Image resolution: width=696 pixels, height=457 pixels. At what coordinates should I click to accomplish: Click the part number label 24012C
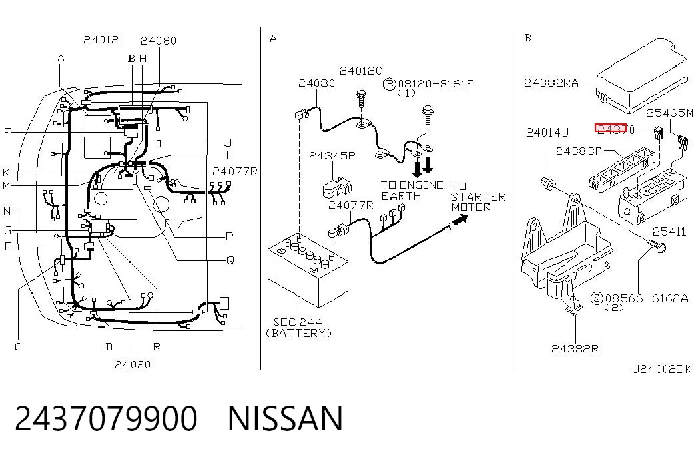(x=360, y=71)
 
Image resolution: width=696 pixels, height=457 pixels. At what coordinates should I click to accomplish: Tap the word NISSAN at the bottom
(x=285, y=418)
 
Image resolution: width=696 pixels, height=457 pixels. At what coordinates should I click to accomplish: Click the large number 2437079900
(x=106, y=418)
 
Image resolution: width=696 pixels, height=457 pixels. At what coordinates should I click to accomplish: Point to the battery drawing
(x=308, y=270)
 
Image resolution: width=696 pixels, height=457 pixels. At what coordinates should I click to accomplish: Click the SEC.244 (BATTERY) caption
(x=298, y=328)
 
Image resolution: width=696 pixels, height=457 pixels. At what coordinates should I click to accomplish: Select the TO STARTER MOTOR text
(x=478, y=197)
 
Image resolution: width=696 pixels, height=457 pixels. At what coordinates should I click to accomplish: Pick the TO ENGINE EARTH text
(x=412, y=191)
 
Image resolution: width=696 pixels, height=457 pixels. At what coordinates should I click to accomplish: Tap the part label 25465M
(x=669, y=113)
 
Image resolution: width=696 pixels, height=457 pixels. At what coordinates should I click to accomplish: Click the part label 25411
(x=669, y=231)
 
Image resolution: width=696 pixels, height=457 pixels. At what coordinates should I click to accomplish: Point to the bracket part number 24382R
(x=575, y=348)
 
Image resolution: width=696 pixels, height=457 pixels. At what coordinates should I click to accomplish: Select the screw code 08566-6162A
(x=647, y=298)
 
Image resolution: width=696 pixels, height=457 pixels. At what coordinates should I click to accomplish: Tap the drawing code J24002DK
(x=662, y=369)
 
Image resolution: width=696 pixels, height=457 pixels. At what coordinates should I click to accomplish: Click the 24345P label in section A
(x=332, y=155)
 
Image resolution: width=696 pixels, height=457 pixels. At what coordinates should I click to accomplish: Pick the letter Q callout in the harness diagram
(x=230, y=260)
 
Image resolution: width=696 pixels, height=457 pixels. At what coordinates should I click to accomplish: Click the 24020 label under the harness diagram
(x=133, y=364)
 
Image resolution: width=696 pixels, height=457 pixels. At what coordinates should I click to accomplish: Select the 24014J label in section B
(x=547, y=133)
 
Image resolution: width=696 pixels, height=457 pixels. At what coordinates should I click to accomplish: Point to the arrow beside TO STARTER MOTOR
(x=460, y=220)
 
